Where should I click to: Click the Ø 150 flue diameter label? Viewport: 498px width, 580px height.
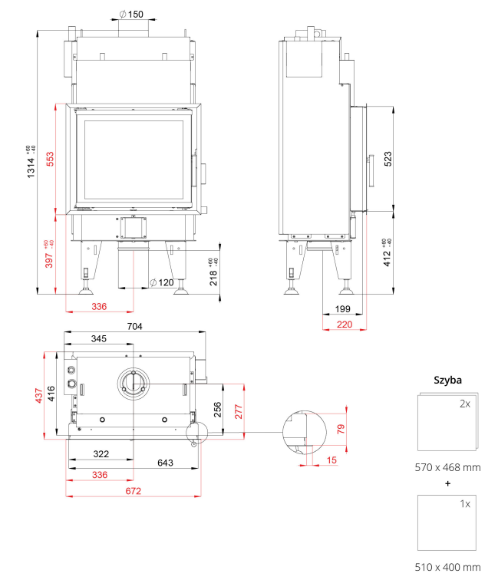tap(131, 14)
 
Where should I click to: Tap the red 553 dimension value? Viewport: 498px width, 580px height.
tap(50, 159)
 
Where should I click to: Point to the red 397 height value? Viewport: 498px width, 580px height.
tap(49, 260)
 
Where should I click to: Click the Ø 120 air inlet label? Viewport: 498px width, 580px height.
tap(162, 282)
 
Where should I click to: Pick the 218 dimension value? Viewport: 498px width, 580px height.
tap(213, 278)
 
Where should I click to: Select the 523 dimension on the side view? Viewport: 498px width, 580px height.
tap(388, 159)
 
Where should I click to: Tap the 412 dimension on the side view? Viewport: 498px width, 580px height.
tap(387, 259)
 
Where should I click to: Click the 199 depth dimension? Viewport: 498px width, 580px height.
tap(342, 309)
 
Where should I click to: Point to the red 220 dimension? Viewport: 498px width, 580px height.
tap(345, 325)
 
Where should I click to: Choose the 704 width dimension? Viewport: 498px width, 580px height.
tap(135, 326)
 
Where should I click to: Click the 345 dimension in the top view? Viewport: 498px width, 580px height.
tap(99, 338)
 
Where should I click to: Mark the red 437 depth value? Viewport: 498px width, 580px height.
tap(39, 395)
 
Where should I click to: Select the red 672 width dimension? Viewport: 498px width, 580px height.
tap(134, 491)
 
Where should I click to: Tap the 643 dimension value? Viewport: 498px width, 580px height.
tap(165, 463)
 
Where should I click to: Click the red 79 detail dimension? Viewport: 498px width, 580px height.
tap(341, 429)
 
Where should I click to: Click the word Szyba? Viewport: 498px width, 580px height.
tap(447, 381)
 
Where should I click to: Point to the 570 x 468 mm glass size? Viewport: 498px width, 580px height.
tap(447, 467)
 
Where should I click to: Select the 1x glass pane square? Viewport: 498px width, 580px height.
tap(447, 523)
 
